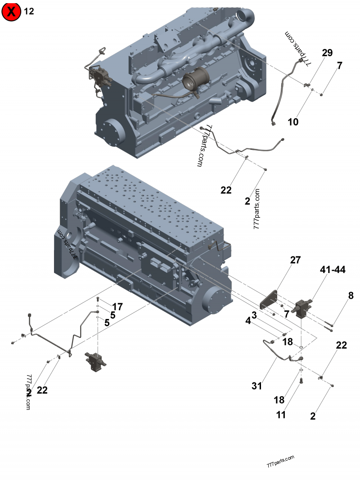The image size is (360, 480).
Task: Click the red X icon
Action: click(x=12, y=12)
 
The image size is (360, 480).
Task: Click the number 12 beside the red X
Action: click(x=29, y=12)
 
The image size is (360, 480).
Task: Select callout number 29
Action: click(x=327, y=53)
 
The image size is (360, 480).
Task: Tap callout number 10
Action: click(x=293, y=121)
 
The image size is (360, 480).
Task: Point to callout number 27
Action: click(x=295, y=260)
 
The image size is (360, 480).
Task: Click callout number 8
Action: click(x=351, y=296)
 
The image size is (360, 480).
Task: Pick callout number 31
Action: click(x=256, y=386)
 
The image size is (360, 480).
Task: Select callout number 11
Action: click(x=281, y=415)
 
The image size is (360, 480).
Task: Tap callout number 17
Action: click(x=117, y=307)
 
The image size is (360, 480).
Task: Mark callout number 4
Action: click(x=247, y=321)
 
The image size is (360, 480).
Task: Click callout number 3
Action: click(x=254, y=315)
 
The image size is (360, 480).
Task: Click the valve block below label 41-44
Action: click(x=303, y=310)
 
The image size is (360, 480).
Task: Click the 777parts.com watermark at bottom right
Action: click(x=280, y=461)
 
